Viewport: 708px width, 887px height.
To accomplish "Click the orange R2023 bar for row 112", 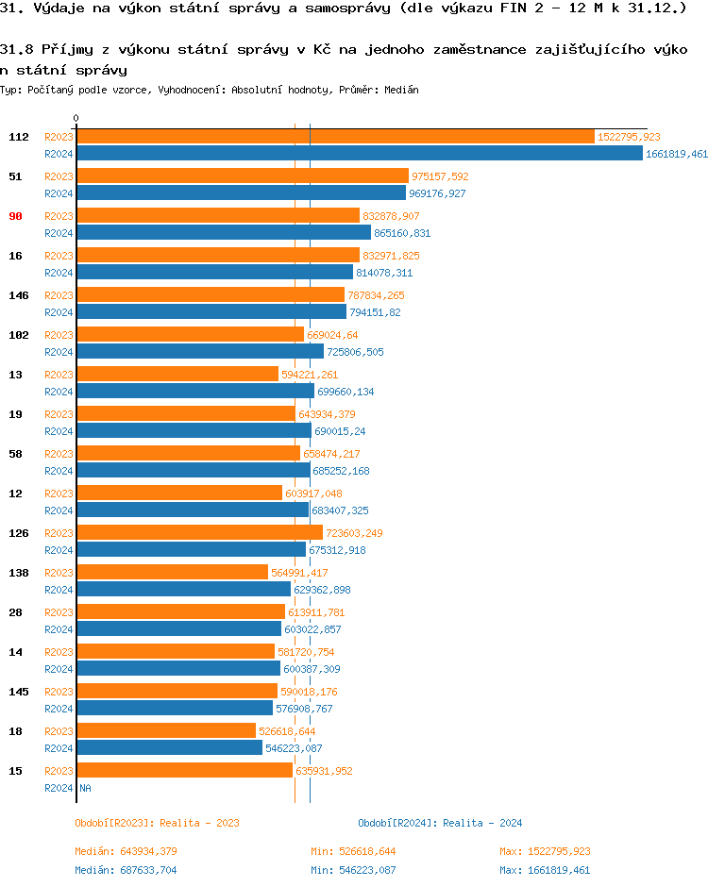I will (x=335, y=137).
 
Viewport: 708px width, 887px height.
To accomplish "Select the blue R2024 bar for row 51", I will (x=241, y=193).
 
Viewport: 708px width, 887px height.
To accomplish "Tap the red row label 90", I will (x=15, y=216).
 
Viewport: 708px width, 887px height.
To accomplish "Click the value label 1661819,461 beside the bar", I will (x=677, y=154).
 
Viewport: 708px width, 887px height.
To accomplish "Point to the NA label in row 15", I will (x=85, y=788).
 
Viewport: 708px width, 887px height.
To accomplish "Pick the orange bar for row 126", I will (x=199, y=533).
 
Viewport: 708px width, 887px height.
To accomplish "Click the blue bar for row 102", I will (x=200, y=352).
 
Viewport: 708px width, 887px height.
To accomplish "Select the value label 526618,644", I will (x=287, y=731).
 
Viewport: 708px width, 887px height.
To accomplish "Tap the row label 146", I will (x=18, y=295).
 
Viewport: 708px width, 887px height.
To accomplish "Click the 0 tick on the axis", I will (x=76, y=118).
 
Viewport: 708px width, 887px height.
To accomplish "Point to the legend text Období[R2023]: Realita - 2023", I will (x=157, y=823).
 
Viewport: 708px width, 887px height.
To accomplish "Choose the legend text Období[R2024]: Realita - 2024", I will (x=440, y=823).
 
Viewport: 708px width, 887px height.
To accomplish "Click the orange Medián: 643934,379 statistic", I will (x=126, y=851).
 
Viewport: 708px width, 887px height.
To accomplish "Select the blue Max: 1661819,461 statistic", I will (x=545, y=870).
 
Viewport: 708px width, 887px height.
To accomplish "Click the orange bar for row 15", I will (x=184, y=771).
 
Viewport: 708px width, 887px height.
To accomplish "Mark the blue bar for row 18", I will (x=169, y=748).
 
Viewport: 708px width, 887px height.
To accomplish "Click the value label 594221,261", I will (x=310, y=375).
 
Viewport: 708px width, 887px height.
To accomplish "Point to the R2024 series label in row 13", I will (x=59, y=392).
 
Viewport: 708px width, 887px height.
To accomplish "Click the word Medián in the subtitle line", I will (x=403, y=90).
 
